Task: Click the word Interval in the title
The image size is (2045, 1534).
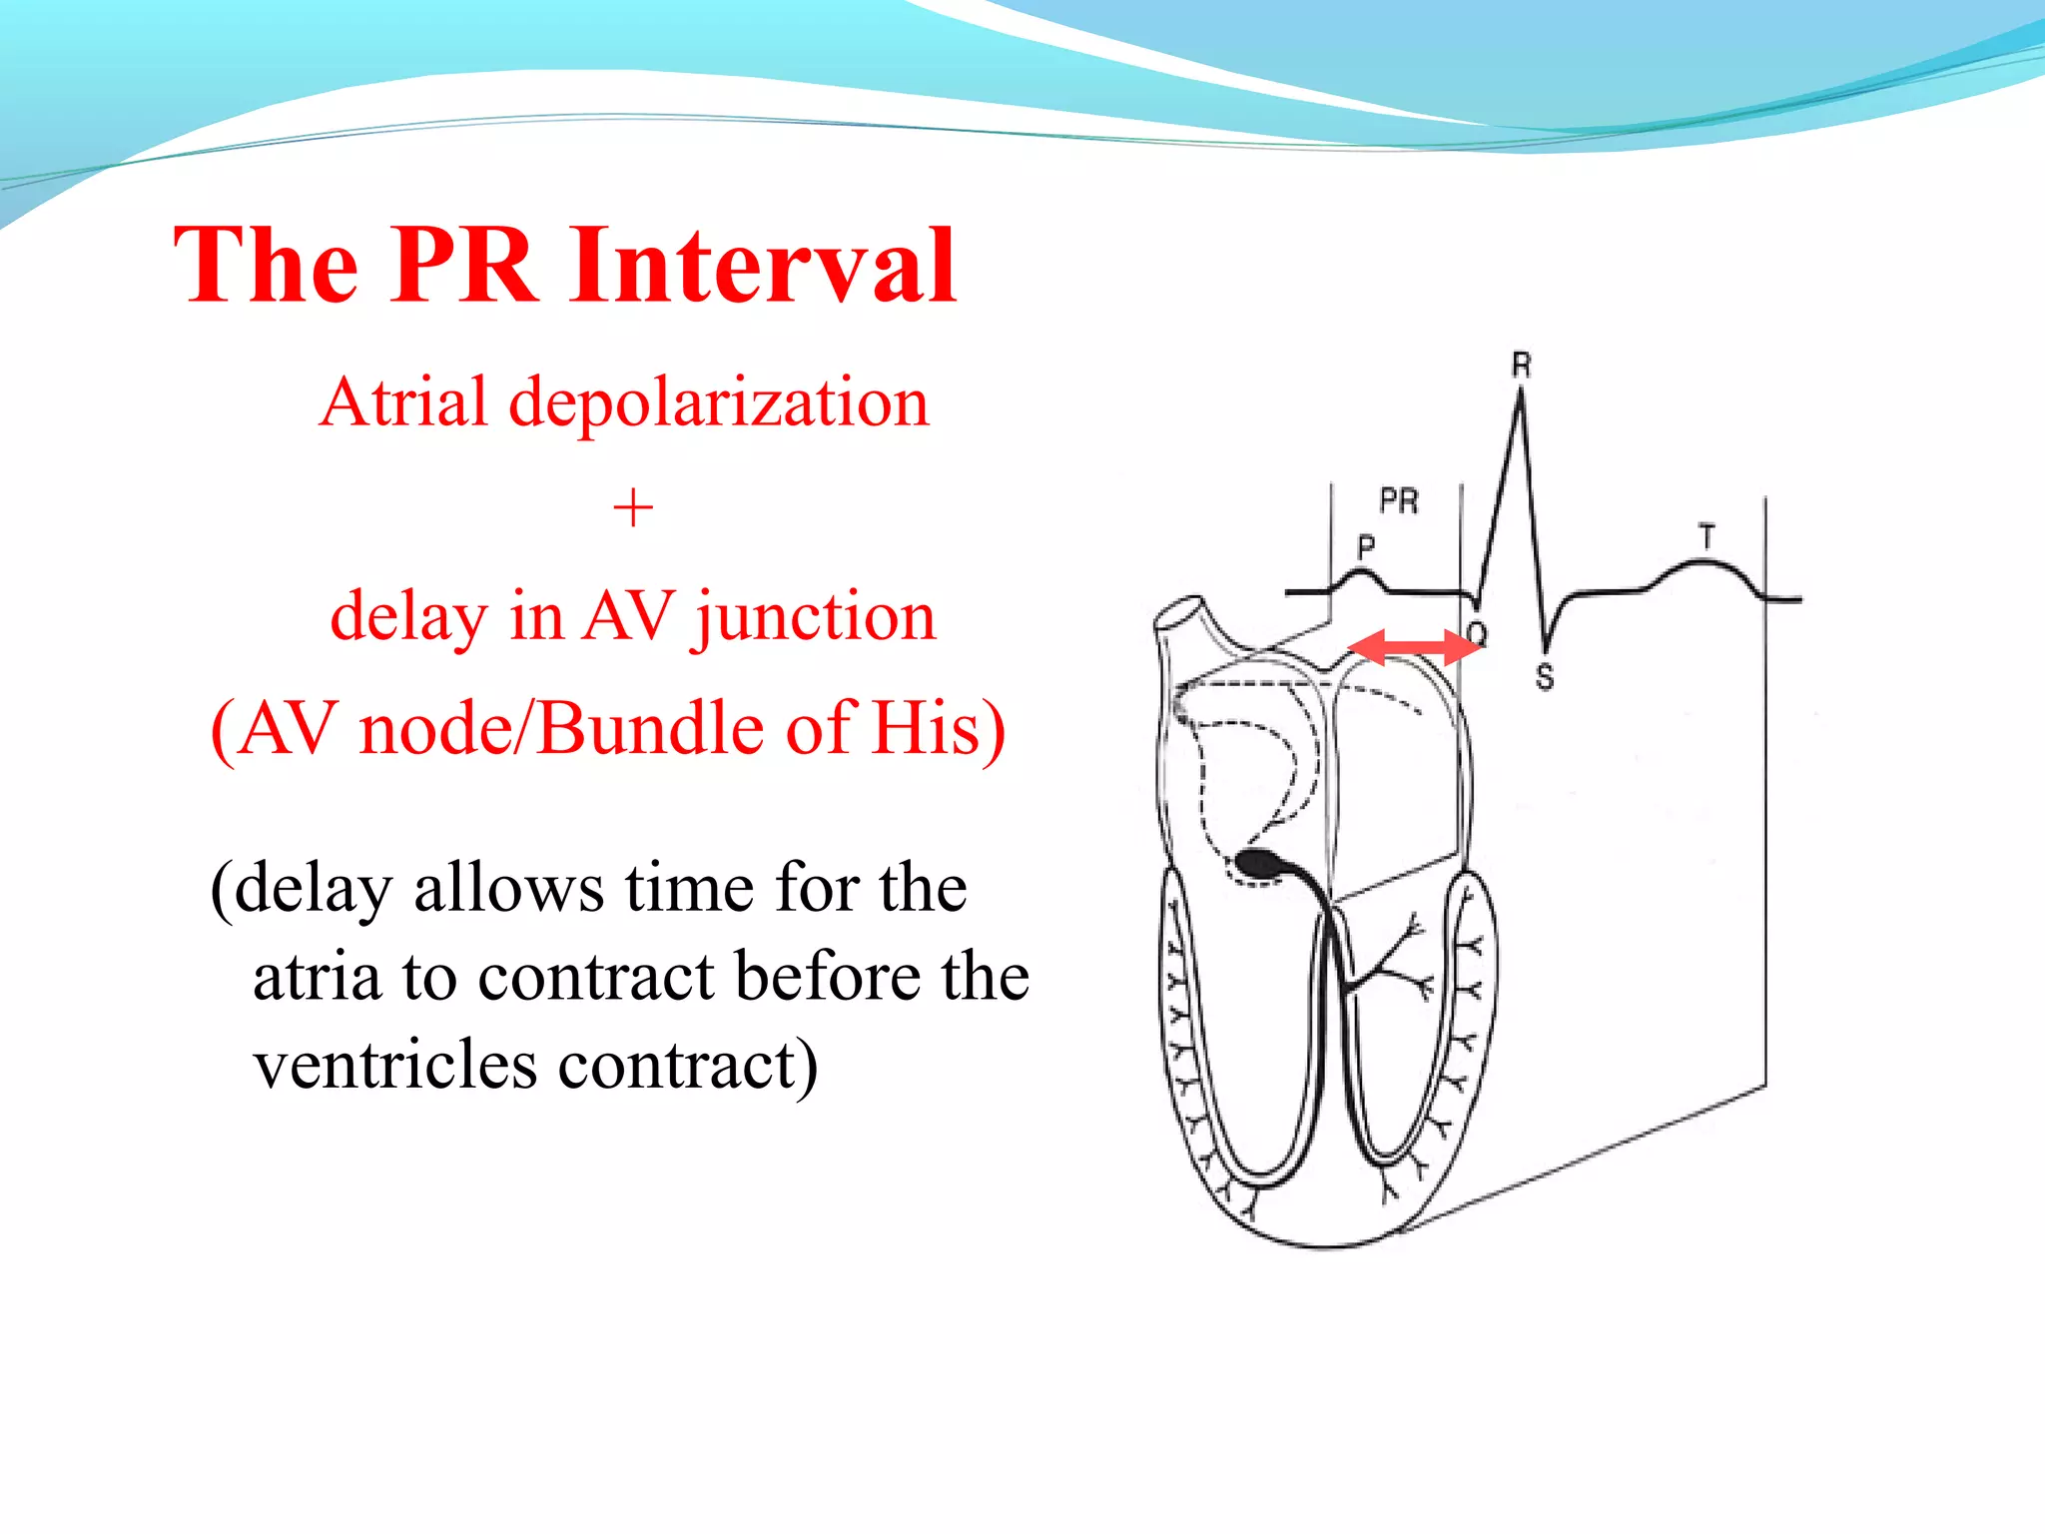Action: (764, 266)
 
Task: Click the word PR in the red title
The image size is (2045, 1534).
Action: (465, 266)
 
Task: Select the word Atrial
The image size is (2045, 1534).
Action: (403, 402)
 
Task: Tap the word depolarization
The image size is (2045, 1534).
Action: (719, 404)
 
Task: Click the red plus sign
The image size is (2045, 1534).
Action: (633, 509)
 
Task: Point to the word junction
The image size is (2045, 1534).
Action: (816, 617)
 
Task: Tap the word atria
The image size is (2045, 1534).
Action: (317, 977)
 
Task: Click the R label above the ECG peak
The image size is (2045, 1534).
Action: (1521, 366)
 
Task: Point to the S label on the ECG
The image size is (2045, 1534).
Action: (1545, 677)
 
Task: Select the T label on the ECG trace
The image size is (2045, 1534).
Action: (1706, 537)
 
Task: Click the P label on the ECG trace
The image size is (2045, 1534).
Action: (1366, 546)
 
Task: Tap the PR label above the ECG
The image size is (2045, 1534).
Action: (1399, 500)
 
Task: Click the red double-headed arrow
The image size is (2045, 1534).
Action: (1413, 647)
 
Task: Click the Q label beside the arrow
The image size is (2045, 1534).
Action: (1478, 633)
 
